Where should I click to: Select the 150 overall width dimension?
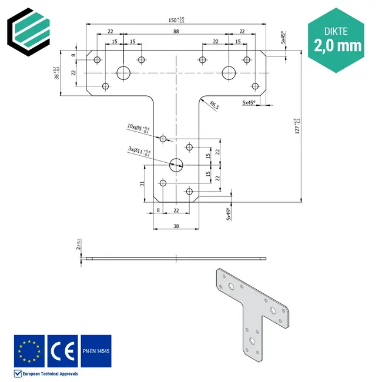[x=176, y=21]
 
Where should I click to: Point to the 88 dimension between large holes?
[x=176, y=32]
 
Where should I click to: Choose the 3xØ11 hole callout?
[x=139, y=151]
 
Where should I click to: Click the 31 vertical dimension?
[x=143, y=183]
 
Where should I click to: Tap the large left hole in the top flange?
[x=123, y=73]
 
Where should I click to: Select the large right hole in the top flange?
[x=229, y=73]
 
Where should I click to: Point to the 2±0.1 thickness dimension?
[x=79, y=244]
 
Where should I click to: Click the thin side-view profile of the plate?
[x=176, y=258]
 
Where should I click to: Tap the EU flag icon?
[x=29, y=350]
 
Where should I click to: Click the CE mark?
[x=62, y=350]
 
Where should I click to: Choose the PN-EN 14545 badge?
[x=96, y=350]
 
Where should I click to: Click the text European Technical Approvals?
[x=49, y=373]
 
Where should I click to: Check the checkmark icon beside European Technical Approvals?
[x=17, y=373]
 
